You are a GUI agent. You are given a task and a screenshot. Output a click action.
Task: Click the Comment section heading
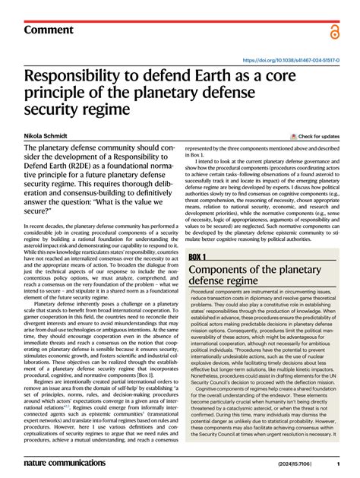(49, 30)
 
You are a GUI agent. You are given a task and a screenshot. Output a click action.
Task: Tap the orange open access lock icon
(334, 31)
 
